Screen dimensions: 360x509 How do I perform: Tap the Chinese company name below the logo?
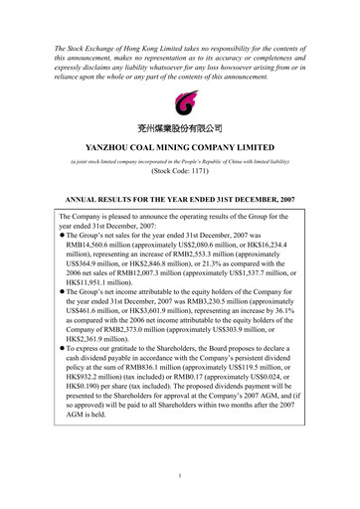(x=179, y=127)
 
